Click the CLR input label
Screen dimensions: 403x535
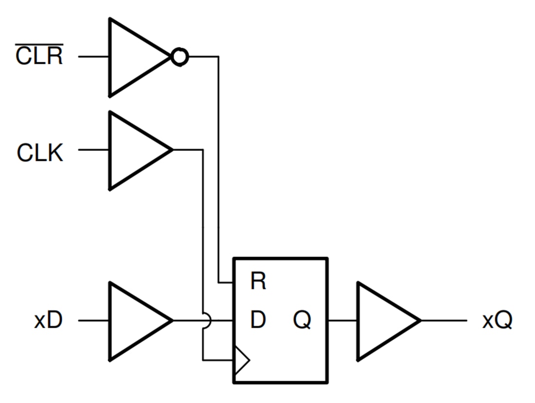[x=39, y=56]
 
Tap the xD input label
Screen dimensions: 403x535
[x=48, y=321]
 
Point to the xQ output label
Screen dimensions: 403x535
[x=497, y=321]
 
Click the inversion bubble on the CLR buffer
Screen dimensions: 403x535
[x=179, y=57]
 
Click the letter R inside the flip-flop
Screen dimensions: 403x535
[x=258, y=282]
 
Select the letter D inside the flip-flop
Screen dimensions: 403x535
[x=258, y=321]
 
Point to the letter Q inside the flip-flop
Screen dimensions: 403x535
[x=302, y=321]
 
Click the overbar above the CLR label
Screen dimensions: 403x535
[x=39, y=44]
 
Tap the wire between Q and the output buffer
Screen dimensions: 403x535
[x=343, y=321]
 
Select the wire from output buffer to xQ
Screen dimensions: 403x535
[x=444, y=321]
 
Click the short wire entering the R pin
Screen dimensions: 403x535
[x=226, y=282]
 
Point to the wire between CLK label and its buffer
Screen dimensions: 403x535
[x=93, y=150]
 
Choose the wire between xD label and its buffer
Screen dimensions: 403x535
[x=93, y=321]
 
